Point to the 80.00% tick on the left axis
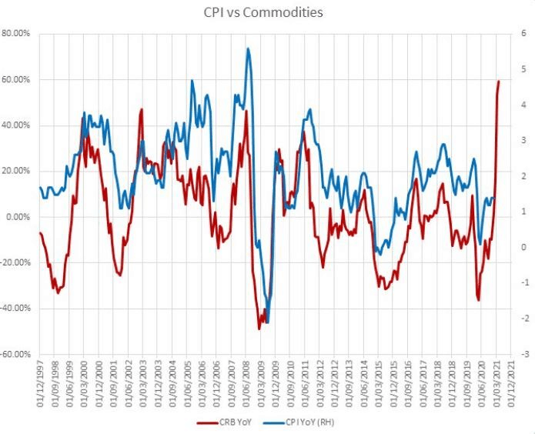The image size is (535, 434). (x=17, y=34)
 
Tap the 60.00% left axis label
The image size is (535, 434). (x=17, y=80)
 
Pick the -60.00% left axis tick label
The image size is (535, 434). (x=16, y=355)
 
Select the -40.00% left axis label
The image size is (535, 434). (x=16, y=309)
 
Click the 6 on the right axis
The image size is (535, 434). (x=522, y=34)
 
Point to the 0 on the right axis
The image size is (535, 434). (x=522, y=248)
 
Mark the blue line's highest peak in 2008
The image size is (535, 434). (x=248, y=48)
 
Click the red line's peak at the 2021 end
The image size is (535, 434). (x=499, y=81)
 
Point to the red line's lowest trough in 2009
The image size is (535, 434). (x=259, y=329)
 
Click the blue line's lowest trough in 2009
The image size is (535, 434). (x=267, y=322)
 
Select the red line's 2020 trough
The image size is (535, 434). (x=478, y=299)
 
